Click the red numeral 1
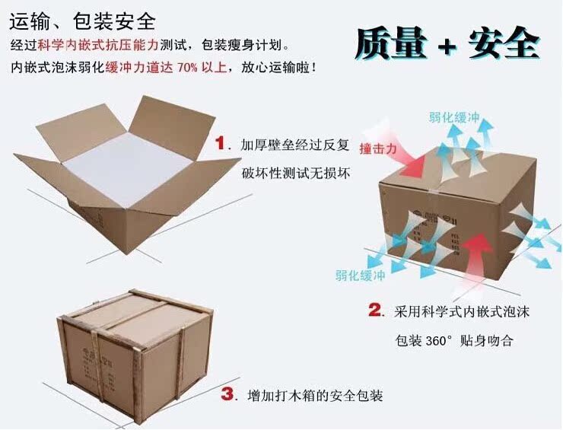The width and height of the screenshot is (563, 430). (x=222, y=143)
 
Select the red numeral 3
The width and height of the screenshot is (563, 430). (x=227, y=394)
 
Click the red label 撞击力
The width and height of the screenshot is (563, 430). (x=378, y=150)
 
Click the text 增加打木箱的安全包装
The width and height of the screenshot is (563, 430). (x=314, y=397)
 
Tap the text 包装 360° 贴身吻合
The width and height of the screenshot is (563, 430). (x=454, y=339)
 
